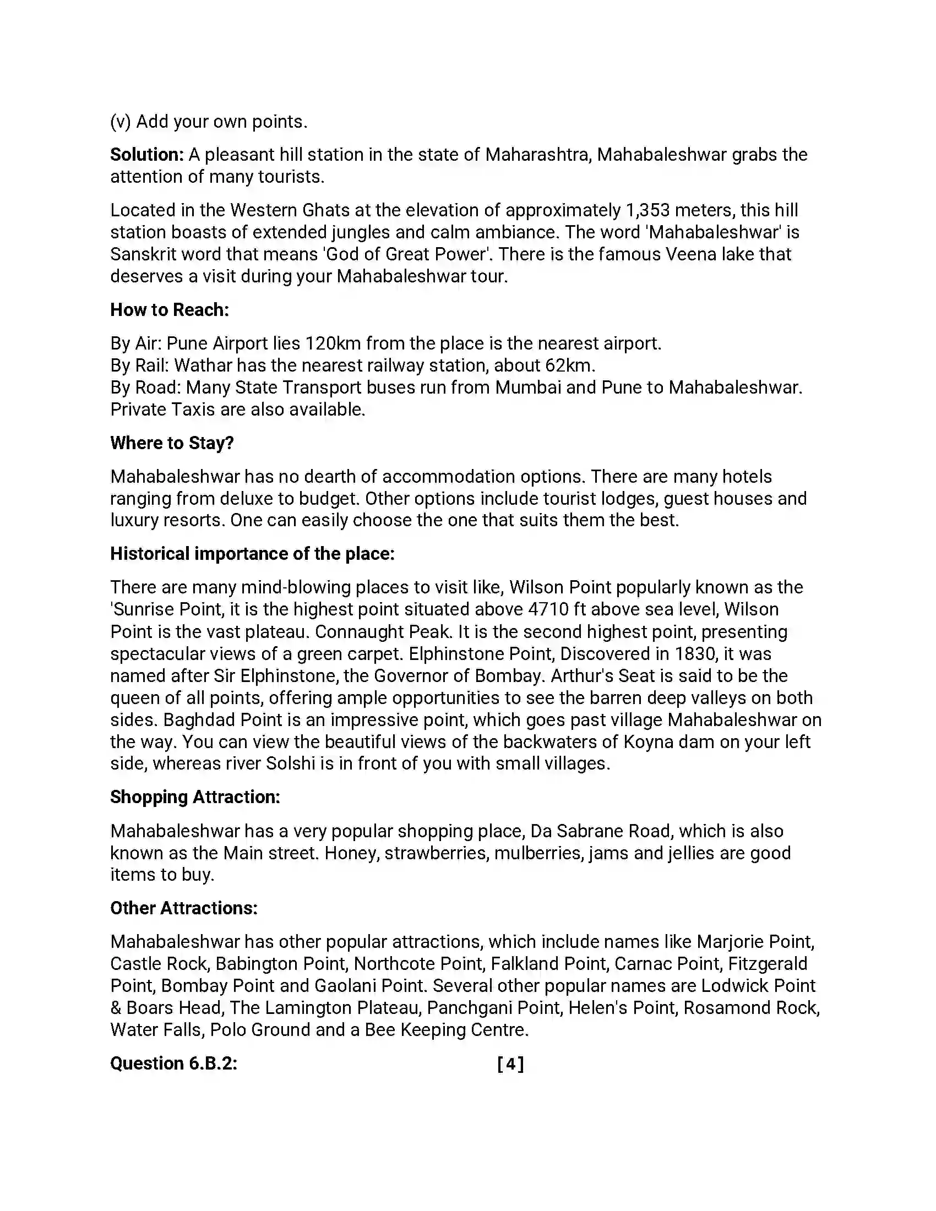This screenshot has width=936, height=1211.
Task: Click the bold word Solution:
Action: click(x=146, y=155)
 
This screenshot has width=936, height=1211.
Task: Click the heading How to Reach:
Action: click(x=169, y=310)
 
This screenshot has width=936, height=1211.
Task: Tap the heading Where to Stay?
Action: click(x=172, y=443)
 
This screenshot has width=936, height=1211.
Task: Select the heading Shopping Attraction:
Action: click(x=195, y=797)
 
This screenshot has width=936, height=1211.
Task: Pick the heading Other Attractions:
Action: click(x=183, y=908)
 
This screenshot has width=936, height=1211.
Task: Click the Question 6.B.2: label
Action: click(x=173, y=1063)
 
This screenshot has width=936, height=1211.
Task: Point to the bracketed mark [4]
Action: click(x=510, y=1063)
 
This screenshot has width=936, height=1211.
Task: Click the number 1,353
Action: click(x=647, y=210)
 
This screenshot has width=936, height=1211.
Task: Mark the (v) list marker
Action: click(x=121, y=122)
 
